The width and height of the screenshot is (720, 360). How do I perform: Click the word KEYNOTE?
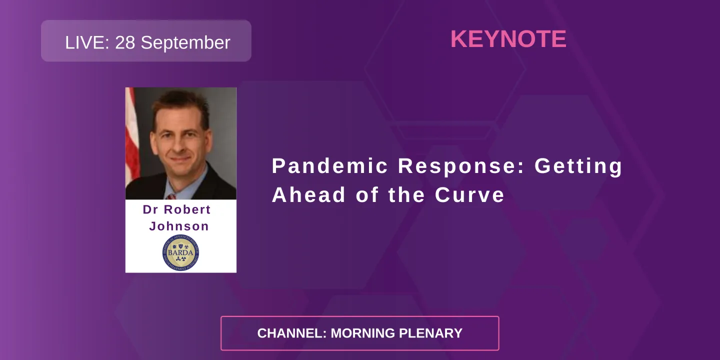click(x=508, y=39)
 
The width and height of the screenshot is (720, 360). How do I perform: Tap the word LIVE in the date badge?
click(x=86, y=42)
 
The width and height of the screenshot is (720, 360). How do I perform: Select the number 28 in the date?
click(x=125, y=42)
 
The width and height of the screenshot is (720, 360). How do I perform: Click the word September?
click(x=185, y=42)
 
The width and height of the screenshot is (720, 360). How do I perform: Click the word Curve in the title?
click(x=469, y=195)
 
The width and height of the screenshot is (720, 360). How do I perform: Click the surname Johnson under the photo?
click(x=179, y=226)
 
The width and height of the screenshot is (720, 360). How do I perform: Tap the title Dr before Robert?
click(x=150, y=209)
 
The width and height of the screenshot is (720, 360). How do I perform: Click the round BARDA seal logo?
click(x=180, y=253)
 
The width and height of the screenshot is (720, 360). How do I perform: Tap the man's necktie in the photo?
click(x=172, y=196)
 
